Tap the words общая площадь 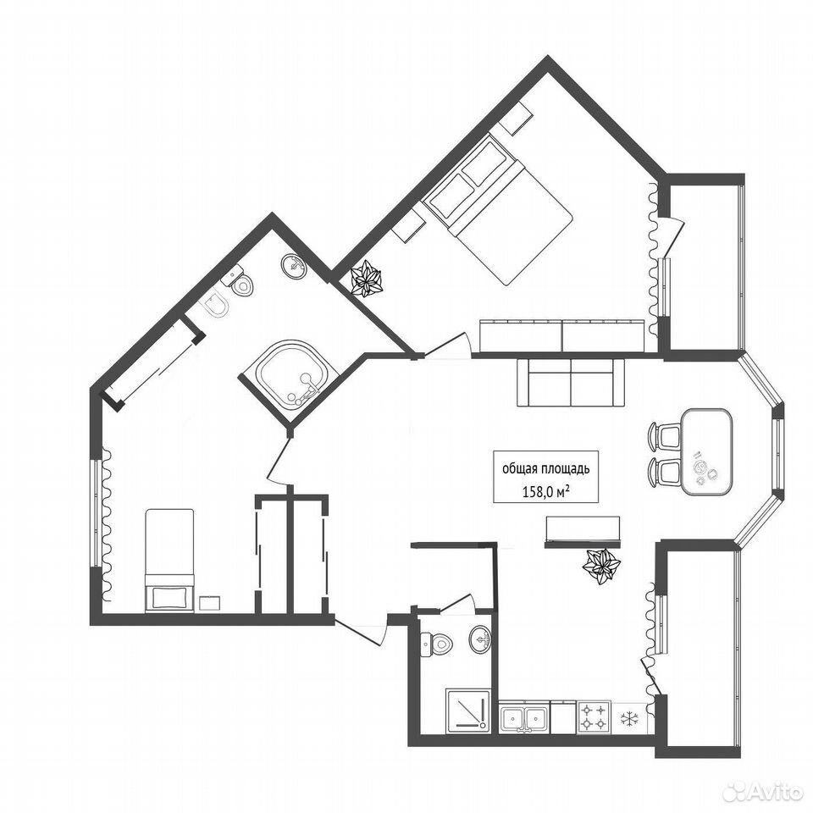click(x=545, y=469)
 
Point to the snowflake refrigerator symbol click(x=629, y=719)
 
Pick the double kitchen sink click(x=524, y=718)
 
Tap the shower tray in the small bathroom click(x=467, y=711)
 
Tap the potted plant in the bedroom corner click(x=366, y=279)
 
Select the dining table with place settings click(x=706, y=451)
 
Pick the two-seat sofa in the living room click(x=570, y=383)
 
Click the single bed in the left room click(x=169, y=560)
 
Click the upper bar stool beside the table click(x=664, y=435)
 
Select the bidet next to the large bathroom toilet click(x=215, y=307)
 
